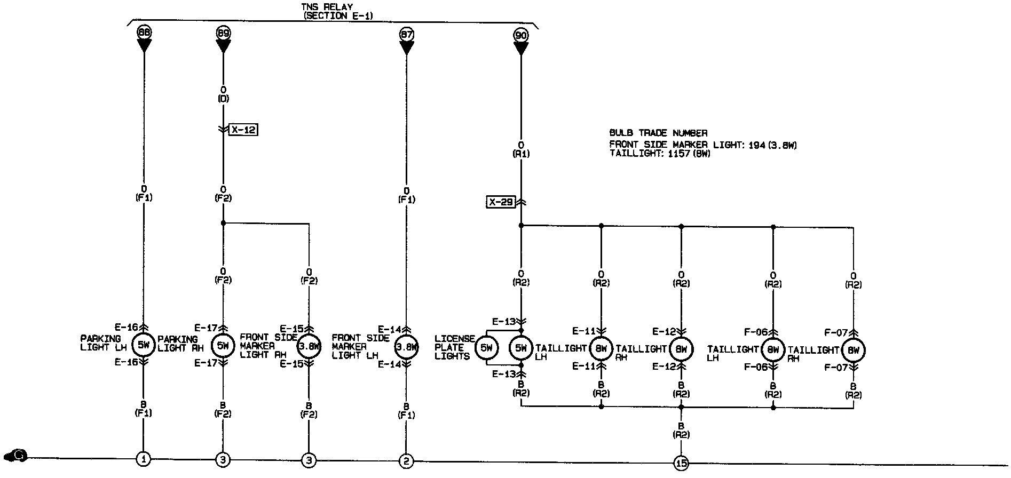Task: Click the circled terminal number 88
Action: tap(144, 33)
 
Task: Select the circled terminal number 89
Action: tap(223, 33)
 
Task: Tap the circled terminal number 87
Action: tap(407, 35)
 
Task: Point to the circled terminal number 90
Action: tap(521, 35)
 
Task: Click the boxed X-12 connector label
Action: tap(243, 130)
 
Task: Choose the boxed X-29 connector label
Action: tap(501, 202)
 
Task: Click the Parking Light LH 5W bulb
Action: tap(143, 345)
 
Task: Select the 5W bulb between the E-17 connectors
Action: tap(223, 346)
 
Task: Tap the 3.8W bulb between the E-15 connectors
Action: tap(309, 346)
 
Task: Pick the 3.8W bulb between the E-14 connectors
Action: tap(407, 347)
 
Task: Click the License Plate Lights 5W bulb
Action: tap(486, 348)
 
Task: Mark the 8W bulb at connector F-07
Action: tap(853, 350)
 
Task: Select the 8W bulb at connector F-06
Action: tap(773, 349)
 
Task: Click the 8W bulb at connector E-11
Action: tap(601, 349)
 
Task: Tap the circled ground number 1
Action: tap(143, 459)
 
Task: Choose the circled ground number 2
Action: tap(407, 460)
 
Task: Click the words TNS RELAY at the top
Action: tap(327, 7)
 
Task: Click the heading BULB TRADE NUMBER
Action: tap(658, 133)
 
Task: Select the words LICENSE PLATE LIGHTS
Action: tap(454, 347)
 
